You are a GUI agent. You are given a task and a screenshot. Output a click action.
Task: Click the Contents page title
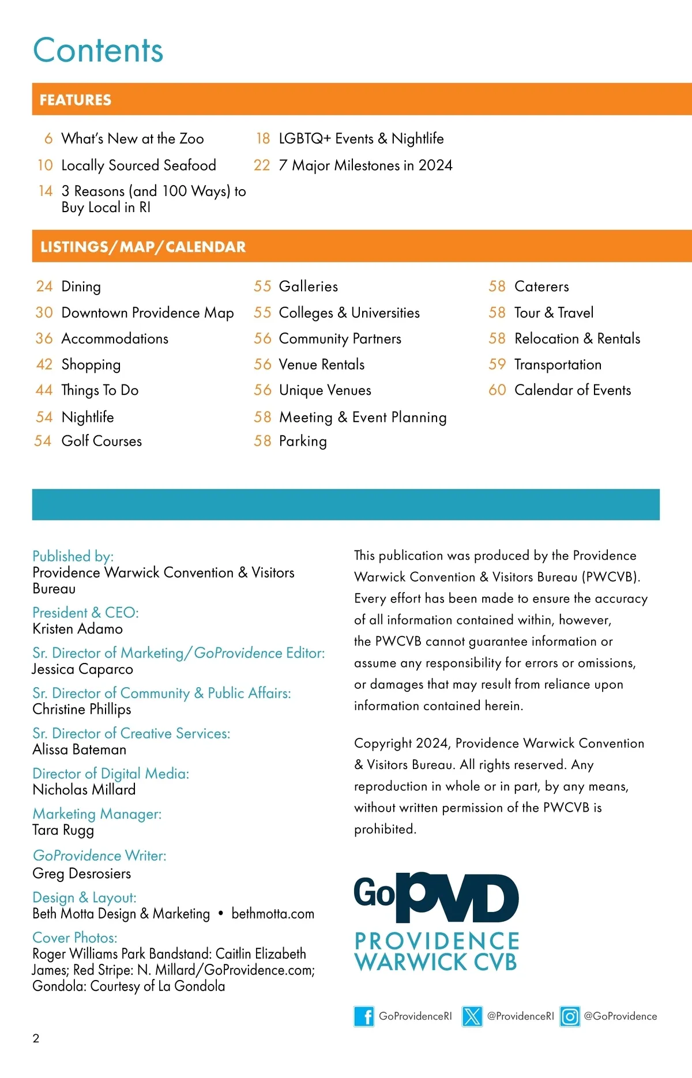[98, 50]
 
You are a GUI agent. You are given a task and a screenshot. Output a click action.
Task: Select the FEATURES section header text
[76, 100]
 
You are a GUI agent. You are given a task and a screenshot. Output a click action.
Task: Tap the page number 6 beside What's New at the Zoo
[48, 138]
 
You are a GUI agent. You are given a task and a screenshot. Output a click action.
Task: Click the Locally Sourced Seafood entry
[138, 165]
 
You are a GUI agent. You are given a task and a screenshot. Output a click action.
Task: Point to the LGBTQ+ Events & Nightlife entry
[361, 138]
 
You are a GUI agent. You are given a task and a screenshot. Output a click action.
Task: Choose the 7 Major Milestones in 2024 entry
[366, 165]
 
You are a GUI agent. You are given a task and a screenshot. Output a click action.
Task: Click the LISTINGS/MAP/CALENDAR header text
[143, 247]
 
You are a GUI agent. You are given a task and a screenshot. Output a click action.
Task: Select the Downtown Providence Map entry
[148, 312]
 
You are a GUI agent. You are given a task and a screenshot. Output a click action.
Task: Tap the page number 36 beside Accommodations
[44, 338]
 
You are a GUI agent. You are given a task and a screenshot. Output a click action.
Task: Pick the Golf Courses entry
[101, 441]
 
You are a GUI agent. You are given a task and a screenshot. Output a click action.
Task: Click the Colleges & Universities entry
[349, 312]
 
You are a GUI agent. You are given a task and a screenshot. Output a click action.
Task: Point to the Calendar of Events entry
[573, 390]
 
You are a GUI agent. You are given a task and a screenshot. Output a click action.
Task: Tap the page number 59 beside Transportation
[497, 364]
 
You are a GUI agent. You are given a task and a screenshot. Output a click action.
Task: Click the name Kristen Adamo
[78, 628]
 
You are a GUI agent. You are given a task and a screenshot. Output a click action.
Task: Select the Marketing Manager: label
[97, 814]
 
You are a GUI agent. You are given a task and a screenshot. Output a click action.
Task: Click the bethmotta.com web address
[273, 914]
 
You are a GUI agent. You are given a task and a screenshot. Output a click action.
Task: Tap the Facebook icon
[364, 1016]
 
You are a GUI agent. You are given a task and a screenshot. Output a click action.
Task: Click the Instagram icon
[570, 1016]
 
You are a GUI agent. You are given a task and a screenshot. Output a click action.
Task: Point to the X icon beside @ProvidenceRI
[472, 1016]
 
